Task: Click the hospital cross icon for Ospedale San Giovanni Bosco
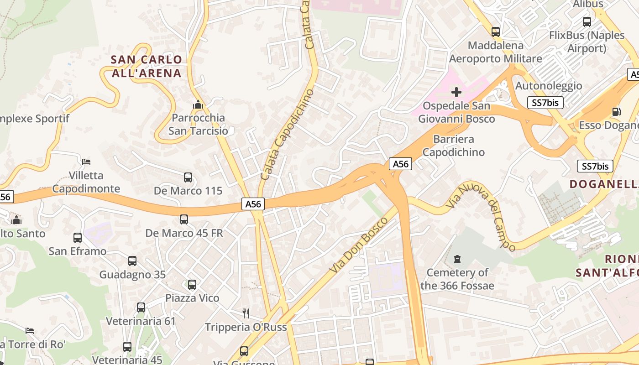(x=456, y=93)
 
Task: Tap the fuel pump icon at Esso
(x=616, y=112)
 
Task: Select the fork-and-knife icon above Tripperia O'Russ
(x=246, y=313)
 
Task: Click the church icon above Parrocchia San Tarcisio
(x=198, y=104)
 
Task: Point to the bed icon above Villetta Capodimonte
(x=86, y=162)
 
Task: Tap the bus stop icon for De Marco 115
(x=188, y=177)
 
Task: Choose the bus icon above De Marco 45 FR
(x=184, y=219)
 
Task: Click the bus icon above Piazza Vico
(x=192, y=285)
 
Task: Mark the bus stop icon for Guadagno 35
(x=132, y=261)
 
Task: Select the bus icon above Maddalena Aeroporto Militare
(x=496, y=32)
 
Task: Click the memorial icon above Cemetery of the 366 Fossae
(x=457, y=259)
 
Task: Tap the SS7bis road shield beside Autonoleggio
(x=545, y=103)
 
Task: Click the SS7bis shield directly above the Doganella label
(x=595, y=166)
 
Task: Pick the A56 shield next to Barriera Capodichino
(x=400, y=164)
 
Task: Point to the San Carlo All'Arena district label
(x=147, y=66)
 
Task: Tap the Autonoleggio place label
(x=549, y=86)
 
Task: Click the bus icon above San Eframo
(x=78, y=238)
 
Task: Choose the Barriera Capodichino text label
(x=454, y=146)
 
